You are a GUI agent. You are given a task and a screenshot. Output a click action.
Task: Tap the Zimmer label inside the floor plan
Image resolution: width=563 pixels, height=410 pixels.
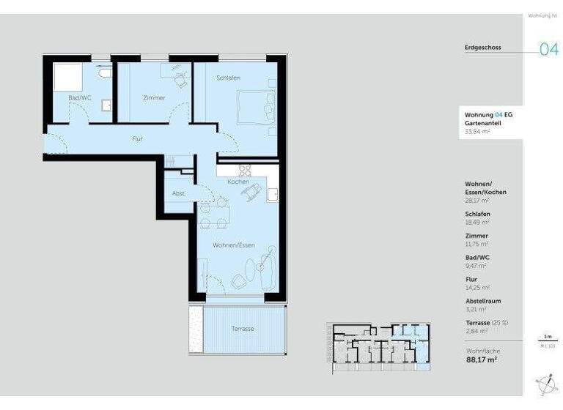coord(154,97)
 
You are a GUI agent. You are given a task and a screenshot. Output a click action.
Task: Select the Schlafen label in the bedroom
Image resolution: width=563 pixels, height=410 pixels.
coord(228,78)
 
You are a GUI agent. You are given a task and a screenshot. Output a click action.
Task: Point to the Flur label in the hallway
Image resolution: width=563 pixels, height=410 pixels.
coord(137,138)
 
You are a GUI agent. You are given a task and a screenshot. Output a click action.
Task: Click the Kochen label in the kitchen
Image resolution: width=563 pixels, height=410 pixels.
coord(237,182)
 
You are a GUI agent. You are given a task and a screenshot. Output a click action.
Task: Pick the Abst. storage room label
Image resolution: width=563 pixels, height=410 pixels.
coord(178,194)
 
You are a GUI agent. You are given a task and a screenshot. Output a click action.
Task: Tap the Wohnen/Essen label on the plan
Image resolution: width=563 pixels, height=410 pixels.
coord(233,245)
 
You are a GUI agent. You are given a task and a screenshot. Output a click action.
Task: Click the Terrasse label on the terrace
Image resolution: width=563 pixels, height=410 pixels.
coord(242,329)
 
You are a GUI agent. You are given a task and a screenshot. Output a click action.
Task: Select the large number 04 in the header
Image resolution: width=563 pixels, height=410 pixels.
coord(548,50)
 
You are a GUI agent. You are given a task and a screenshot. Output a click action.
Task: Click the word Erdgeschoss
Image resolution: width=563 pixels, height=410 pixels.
coord(482,48)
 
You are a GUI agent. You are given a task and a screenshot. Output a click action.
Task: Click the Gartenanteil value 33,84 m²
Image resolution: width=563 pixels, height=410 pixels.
coord(476,133)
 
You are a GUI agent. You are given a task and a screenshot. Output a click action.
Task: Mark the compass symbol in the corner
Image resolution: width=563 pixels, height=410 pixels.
coord(545,382)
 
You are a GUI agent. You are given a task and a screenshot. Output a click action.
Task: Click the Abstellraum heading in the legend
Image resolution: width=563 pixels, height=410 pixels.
coord(482,301)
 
